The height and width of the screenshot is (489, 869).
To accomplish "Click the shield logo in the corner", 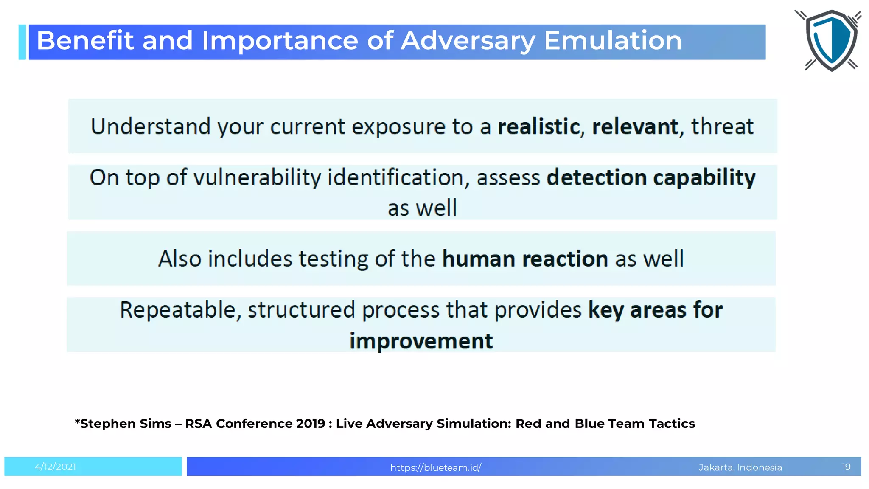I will click(831, 40).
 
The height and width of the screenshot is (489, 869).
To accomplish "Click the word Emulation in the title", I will click(613, 41).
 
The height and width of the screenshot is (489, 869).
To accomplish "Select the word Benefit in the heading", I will click(85, 41).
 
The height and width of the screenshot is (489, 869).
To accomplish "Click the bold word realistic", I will click(538, 127).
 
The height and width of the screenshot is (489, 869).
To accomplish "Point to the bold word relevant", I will click(635, 127).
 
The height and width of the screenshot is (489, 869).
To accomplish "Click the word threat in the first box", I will click(722, 127).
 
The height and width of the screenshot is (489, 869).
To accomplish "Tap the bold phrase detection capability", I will click(650, 178).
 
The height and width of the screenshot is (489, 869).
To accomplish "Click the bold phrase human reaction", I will click(525, 259).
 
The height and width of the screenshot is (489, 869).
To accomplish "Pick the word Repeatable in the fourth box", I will click(178, 310).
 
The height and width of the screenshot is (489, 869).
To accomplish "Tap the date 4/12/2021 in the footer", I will click(56, 467).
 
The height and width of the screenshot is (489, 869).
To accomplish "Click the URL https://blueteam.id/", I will click(435, 467).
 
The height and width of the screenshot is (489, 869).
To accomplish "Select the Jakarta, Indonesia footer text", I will click(740, 467).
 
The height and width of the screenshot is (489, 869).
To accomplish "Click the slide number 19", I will click(846, 467).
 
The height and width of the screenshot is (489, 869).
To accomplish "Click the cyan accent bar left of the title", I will click(22, 42).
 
